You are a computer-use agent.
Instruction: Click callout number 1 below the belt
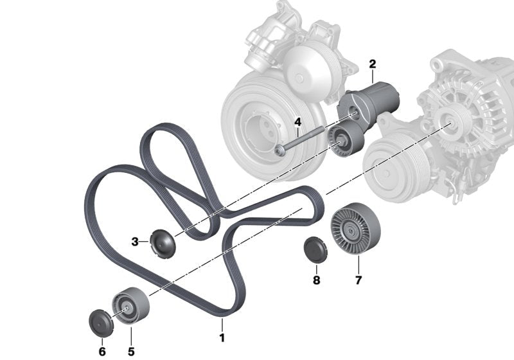coord(222,337)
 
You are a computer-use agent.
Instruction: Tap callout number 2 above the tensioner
coord(372,64)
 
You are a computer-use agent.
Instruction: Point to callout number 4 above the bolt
coord(297,122)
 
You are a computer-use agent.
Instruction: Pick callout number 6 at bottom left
coord(102,351)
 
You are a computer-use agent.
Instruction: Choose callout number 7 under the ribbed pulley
coord(358,280)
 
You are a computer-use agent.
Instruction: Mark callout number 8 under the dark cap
coord(316,280)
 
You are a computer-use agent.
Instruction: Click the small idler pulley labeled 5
coord(130,307)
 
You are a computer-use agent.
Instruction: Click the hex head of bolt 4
coord(280,150)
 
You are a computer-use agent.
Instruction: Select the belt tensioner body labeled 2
coord(373,100)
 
